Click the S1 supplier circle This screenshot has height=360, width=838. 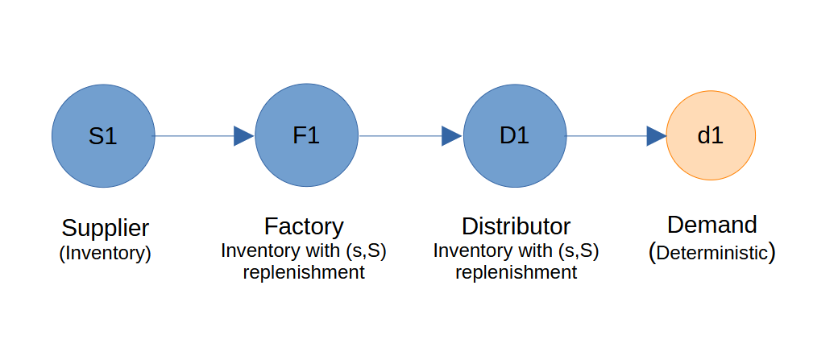tap(103, 136)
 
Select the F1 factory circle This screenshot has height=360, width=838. tap(306, 136)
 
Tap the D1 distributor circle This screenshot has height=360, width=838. tap(515, 136)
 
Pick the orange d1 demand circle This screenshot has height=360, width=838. tap(711, 136)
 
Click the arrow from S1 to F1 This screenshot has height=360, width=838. tap(197, 136)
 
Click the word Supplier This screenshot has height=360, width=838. tap(106, 227)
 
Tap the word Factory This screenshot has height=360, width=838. tap(304, 226)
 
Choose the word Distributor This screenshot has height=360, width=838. tap(516, 226)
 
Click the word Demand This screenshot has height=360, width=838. tap(712, 225)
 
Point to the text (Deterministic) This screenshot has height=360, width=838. tap(712, 252)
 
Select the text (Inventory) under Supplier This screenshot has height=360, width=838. tap(106, 253)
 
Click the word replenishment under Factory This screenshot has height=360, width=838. tap(304, 272)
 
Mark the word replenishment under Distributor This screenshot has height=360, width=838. tap(516, 272)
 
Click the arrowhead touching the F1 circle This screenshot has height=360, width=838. tap(244, 136)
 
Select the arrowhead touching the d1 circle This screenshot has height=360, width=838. tap(656, 136)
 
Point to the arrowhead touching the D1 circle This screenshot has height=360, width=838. tap(452, 136)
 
